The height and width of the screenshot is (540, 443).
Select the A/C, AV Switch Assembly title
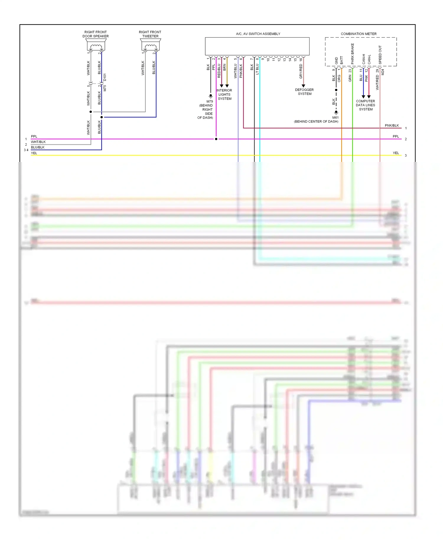(258, 34)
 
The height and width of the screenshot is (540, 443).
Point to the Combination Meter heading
(359, 34)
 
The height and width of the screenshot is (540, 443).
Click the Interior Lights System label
(224, 95)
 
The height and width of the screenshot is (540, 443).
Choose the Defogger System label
(304, 92)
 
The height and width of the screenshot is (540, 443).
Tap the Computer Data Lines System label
(366, 105)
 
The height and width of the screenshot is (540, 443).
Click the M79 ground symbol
(211, 96)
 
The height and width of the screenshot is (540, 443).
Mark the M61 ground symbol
(336, 113)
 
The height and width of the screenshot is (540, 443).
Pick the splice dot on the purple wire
(216, 139)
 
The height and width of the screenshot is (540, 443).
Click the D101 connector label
(105, 77)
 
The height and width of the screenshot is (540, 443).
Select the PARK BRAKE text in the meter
(352, 54)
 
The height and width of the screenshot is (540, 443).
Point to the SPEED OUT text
(380, 55)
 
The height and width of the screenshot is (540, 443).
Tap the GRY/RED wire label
(301, 71)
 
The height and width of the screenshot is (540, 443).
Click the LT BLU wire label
(257, 69)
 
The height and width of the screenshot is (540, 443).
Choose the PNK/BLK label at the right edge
(392, 126)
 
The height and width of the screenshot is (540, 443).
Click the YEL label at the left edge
(34, 153)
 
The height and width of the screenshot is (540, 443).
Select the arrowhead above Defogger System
(303, 86)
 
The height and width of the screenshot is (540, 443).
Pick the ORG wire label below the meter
(339, 78)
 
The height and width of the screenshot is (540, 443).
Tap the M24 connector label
(383, 72)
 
